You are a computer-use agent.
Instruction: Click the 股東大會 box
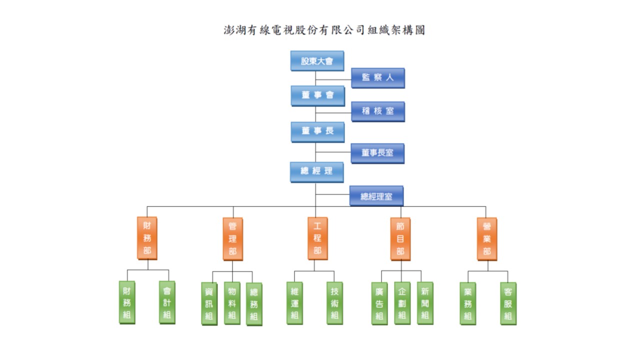(x=317, y=61)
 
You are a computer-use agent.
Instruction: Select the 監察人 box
(x=378, y=78)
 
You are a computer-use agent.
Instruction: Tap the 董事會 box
(x=317, y=96)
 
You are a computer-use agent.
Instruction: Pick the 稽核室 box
(x=378, y=111)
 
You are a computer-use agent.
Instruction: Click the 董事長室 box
(x=377, y=153)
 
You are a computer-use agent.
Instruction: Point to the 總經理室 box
(x=376, y=196)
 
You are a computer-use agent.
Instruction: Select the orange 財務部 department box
(x=147, y=238)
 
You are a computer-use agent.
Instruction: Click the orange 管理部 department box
(x=233, y=239)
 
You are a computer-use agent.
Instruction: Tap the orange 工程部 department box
(x=317, y=238)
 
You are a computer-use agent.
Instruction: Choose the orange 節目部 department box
(x=400, y=239)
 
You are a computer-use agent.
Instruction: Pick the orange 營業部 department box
(x=487, y=239)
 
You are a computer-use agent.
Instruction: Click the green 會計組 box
(x=167, y=302)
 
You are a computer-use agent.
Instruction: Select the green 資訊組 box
(x=209, y=304)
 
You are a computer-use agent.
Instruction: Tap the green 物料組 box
(x=232, y=303)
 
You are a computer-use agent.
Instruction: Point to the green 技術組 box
(x=335, y=303)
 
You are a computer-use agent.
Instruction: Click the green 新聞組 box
(x=425, y=303)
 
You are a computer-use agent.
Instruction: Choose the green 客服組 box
(x=508, y=303)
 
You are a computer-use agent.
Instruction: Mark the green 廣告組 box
(x=379, y=303)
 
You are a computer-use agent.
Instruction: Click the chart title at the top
(x=324, y=30)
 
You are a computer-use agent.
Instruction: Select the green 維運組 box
(x=295, y=303)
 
